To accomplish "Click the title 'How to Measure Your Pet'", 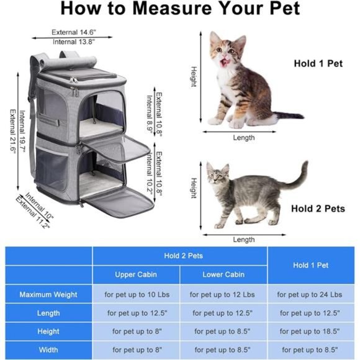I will click(180, 9).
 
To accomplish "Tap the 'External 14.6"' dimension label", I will click(73, 32).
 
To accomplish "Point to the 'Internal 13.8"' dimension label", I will click(73, 42).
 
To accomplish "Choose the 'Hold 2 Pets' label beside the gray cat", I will click(318, 209).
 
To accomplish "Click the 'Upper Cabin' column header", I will click(136, 274).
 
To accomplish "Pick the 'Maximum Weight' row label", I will click(48, 294).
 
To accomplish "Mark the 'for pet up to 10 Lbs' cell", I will click(136, 294).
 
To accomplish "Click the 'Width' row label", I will click(48, 349).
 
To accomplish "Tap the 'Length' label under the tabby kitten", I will click(243, 137).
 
